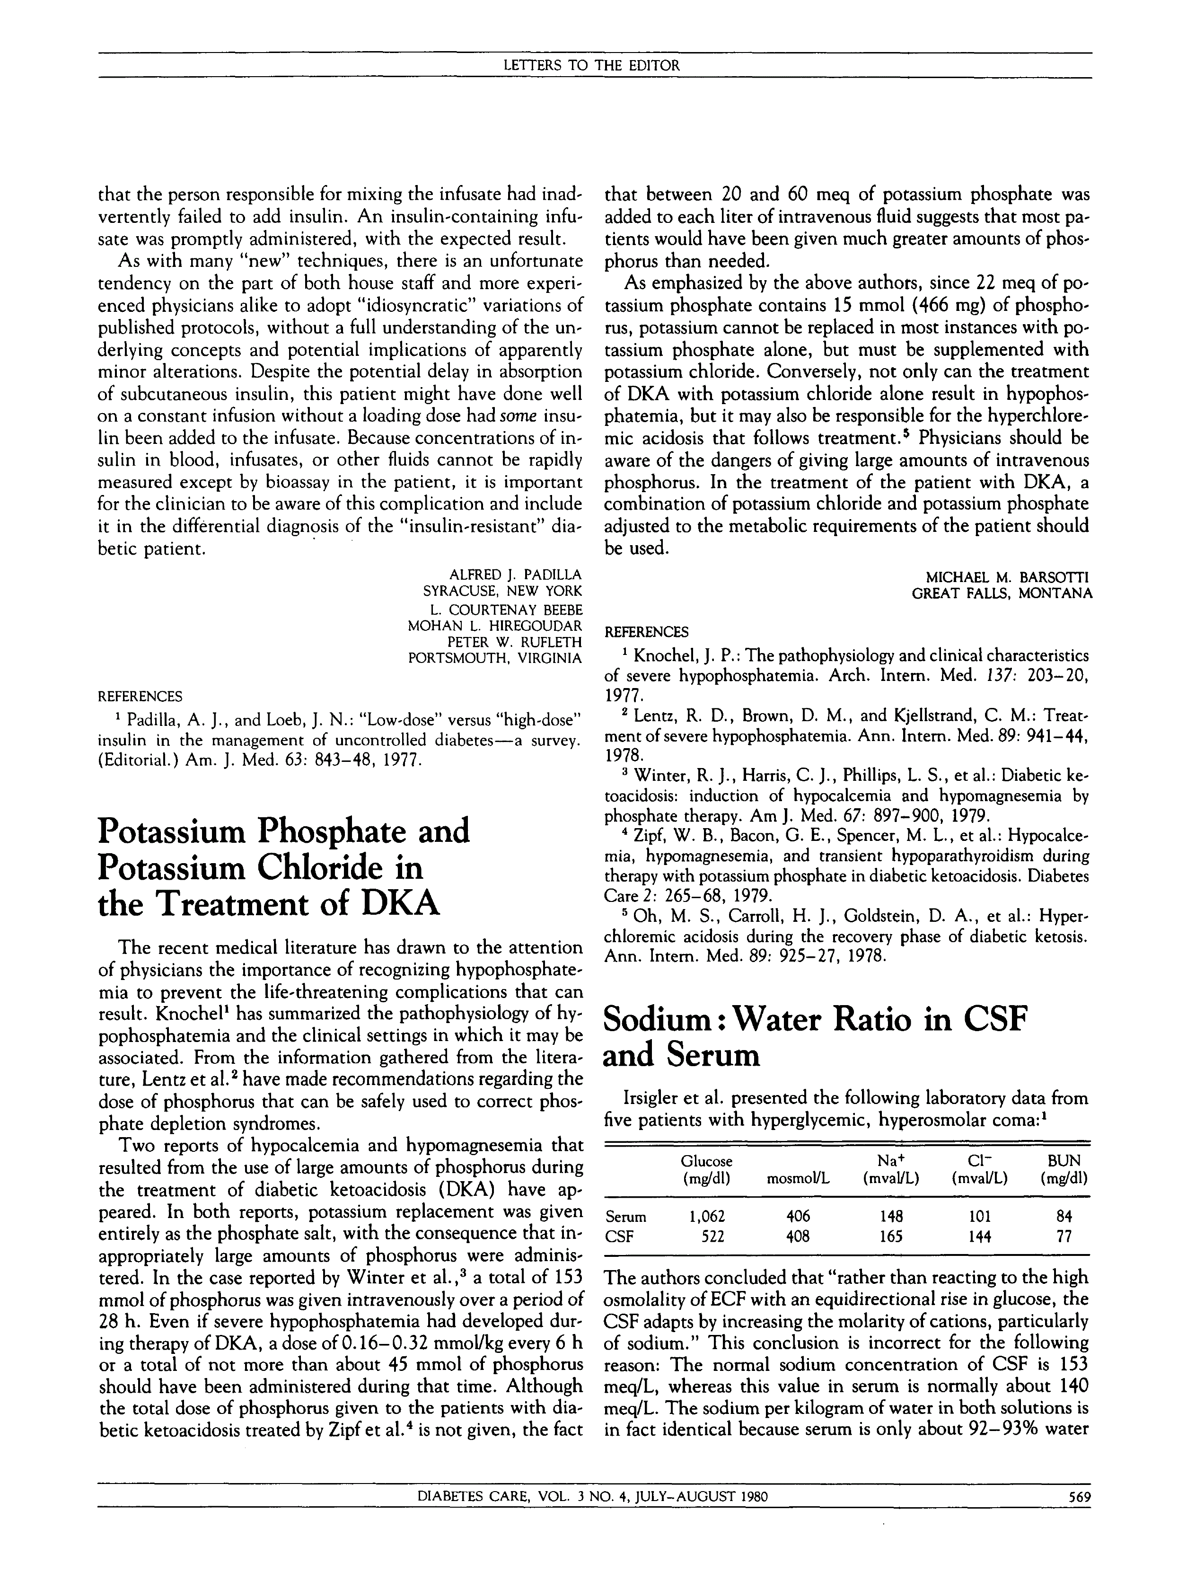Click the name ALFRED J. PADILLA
(x=516, y=574)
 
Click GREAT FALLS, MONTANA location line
(x=1002, y=593)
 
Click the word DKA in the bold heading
(x=401, y=904)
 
